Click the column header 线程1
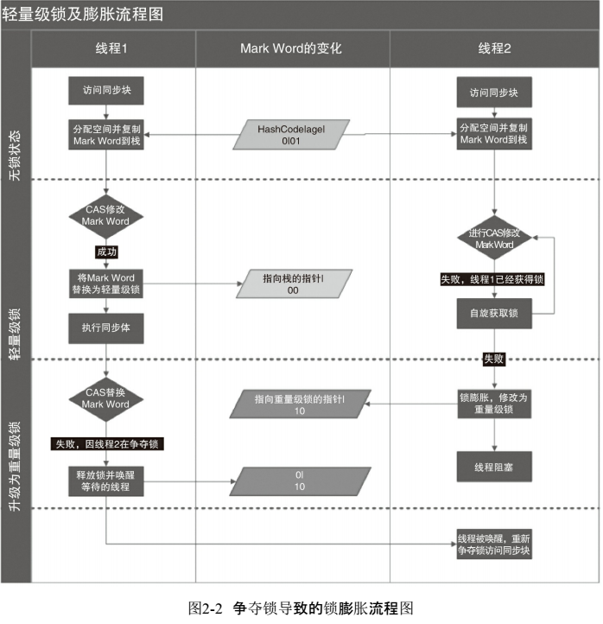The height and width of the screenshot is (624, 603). pyautogui.click(x=111, y=48)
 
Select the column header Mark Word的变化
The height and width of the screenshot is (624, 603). pyautogui.click(x=291, y=48)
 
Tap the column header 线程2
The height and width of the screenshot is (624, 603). pyautogui.click(x=494, y=48)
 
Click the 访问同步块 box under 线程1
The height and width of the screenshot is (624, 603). pyautogui.click(x=105, y=90)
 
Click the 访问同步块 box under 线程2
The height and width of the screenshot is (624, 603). pyautogui.click(x=494, y=92)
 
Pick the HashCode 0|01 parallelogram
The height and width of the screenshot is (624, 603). pyautogui.click(x=291, y=135)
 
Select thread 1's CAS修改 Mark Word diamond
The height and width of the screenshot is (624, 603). pyautogui.click(x=105, y=215)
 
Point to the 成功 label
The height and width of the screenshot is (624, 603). pyautogui.click(x=106, y=252)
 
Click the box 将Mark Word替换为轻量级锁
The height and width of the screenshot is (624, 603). pyautogui.click(x=105, y=283)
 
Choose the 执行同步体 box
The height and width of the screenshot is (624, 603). pyautogui.click(x=105, y=328)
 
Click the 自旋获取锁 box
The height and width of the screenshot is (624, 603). pyautogui.click(x=494, y=313)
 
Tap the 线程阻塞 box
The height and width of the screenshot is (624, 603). pyautogui.click(x=494, y=467)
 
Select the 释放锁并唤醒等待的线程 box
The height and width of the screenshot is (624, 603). pyautogui.click(x=105, y=481)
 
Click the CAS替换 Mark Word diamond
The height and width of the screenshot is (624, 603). pyautogui.click(x=105, y=398)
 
